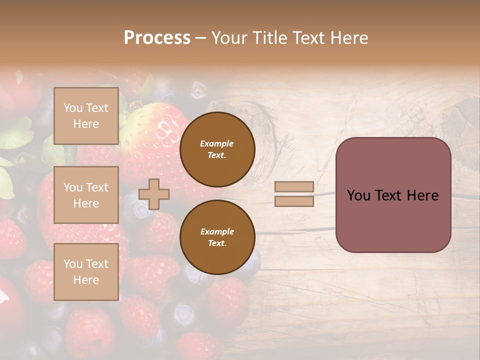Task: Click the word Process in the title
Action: coord(157,37)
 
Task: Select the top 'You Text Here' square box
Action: coord(86,116)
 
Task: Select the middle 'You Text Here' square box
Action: coord(86,195)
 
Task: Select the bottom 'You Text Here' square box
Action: coord(86,271)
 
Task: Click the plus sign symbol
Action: coord(154,194)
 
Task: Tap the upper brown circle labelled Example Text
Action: coord(217,149)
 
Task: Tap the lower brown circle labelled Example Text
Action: coord(217,237)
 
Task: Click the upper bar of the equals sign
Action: coord(294,186)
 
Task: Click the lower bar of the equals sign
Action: coord(294,201)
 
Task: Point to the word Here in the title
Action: coord(348,37)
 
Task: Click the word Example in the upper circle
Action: coord(217,143)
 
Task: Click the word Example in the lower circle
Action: coord(217,231)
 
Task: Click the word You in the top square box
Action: coord(73,108)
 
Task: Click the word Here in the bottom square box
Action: coord(86,280)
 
